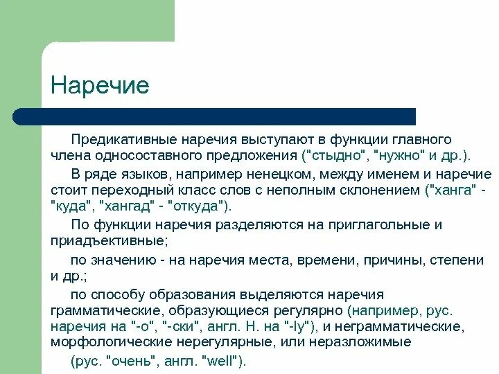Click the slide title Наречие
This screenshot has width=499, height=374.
click(x=100, y=86)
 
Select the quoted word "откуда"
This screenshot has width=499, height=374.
click(x=200, y=206)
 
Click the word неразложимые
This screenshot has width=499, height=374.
click(x=372, y=342)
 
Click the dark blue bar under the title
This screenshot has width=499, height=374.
click(x=215, y=116)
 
